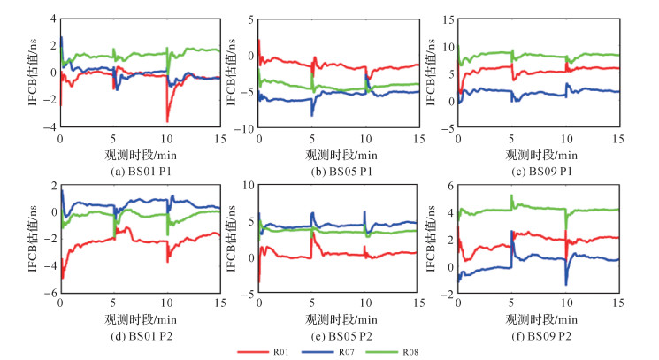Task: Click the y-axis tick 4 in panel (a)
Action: point(52,19)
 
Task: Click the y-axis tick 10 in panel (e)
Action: point(249,185)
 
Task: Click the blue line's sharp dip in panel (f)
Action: point(566,283)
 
